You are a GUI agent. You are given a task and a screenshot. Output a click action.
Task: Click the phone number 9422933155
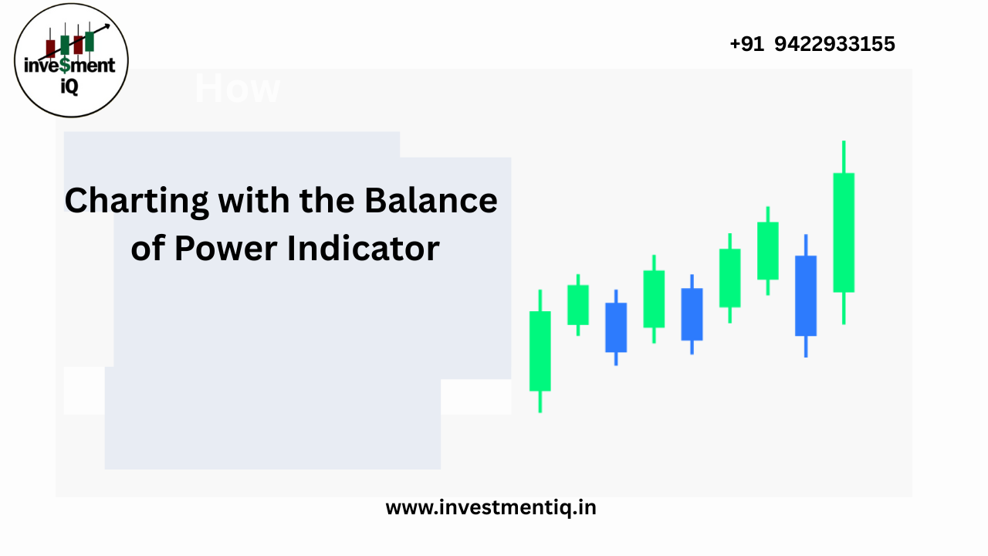pos(834,44)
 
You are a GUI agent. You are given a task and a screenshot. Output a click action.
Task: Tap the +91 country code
pos(746,44)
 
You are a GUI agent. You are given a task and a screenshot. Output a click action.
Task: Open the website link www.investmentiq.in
pos(491,507)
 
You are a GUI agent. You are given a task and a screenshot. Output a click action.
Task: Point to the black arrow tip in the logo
pos(107,26)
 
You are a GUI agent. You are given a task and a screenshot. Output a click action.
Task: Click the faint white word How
pos(237,89)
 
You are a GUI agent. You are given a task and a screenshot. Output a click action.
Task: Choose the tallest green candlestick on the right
pos(844,232)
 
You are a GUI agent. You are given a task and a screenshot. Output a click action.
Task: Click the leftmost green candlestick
pos(540,351)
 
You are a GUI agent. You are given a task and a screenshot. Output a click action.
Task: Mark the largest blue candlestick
pos(806,295)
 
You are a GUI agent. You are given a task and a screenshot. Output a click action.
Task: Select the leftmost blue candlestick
pos(616,327)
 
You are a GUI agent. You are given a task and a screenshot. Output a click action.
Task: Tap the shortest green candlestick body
pos(578,304)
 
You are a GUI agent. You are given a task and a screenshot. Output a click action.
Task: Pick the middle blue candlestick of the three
pos(692,314)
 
